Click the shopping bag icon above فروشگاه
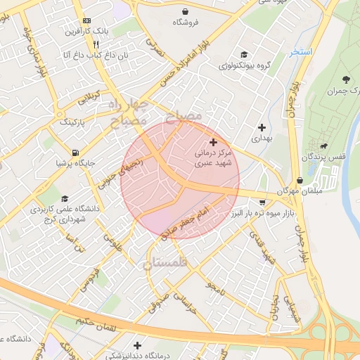click(x=185, y=12)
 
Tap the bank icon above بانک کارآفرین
click(x=86, y=21)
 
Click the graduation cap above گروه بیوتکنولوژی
click(x=243, y=55)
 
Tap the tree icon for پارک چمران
click(x=346, y=79)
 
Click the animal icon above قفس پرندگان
click(x=323, y=146)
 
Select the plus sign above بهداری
click(x=262, y=128)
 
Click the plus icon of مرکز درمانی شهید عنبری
click(x=214, y=143)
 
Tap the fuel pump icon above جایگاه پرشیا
click(x=75, y=153)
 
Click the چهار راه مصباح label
click(x=127, y=112)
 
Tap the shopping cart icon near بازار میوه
click(x=262, y=202)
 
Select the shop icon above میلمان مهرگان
click(x=300, y=180)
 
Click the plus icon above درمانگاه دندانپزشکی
click(x=137, y=345)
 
